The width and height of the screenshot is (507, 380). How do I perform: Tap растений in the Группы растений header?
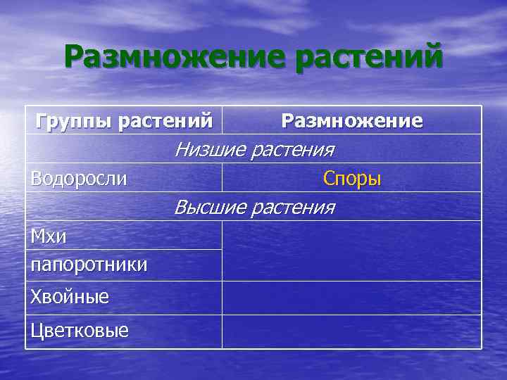[165, 121]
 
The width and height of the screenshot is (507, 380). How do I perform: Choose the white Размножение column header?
[352, 121]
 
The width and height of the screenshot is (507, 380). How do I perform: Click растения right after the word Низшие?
[292, 150]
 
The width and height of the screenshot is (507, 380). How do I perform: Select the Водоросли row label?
[79, 179]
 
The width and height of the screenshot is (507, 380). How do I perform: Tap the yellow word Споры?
[352, 179]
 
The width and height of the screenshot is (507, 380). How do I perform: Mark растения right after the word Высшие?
[293, 208]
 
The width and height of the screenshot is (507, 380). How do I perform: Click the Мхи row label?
[49, 236]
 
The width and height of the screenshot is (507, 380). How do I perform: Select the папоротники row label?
[89, 265]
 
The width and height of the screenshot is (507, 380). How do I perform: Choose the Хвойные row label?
[70, 297]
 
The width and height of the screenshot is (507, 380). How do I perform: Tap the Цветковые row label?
[80, 331]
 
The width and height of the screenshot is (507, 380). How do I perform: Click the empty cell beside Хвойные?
[352, 297]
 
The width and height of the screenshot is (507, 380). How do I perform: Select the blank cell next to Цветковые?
[352, 331]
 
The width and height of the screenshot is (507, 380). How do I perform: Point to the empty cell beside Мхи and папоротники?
[352, 251]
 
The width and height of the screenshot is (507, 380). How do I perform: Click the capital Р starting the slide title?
[75, 57]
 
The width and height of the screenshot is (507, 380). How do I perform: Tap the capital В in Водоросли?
[36, 179]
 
